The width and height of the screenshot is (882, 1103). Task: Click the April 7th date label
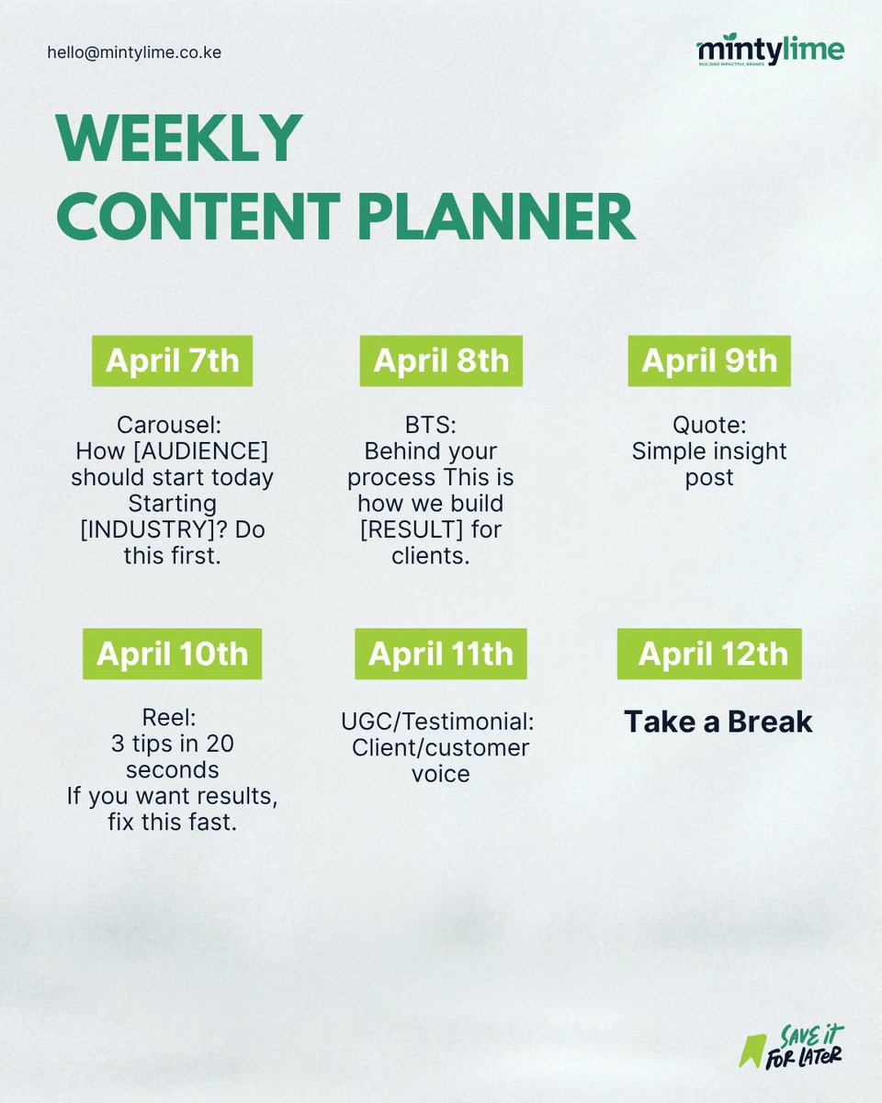[x=172, y=360]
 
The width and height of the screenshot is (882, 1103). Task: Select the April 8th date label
[x=441, y=360]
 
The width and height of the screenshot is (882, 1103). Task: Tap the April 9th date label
[x=709, y=360]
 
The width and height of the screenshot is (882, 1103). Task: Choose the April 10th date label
[x=172, y=654]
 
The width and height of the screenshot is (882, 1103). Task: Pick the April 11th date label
[x=441, y=654]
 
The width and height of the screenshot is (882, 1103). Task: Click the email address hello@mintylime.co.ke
[x=134, y=52]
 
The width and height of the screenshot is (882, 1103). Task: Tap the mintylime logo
[x=770, y=51]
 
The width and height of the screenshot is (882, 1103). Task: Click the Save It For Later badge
[x=791, y=1045]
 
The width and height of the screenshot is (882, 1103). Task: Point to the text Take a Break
[x=718, y=722]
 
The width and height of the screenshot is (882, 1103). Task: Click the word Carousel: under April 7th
[x=172, y=426]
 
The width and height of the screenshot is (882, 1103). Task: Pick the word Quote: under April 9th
[x=709, y=426]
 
